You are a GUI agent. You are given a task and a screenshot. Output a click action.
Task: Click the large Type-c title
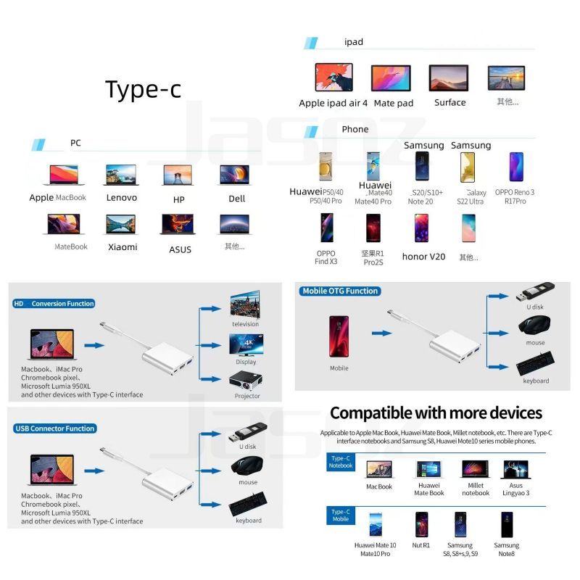click(143, 89)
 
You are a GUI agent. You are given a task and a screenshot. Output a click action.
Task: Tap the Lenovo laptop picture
click(121, 175)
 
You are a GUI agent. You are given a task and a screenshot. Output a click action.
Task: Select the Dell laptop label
click(237, 198)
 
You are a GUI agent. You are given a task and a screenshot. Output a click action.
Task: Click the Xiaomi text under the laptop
click(123, 246)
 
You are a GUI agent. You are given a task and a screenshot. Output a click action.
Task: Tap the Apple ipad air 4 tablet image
click(333, 78)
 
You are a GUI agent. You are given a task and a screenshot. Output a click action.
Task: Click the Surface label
click(449, 102)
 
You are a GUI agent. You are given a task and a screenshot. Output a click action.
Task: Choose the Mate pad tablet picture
click(391, 78)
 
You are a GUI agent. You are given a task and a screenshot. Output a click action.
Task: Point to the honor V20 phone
click(422, 228)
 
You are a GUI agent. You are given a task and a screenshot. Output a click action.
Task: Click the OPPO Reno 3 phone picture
click(516, 167)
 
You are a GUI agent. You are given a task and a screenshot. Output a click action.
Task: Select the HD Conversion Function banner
click(54, 304)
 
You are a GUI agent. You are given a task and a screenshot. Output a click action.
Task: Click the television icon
click(246, 306)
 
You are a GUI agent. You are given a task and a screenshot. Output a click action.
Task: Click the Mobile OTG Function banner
click(340, 291)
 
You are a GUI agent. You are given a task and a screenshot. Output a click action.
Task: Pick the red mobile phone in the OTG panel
click(339, 337)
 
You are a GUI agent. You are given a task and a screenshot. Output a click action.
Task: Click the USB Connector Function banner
click(55, 428)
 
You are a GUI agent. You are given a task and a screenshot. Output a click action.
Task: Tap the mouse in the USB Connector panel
click(248, 466)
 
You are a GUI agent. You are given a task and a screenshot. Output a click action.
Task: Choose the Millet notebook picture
click(475, 469)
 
